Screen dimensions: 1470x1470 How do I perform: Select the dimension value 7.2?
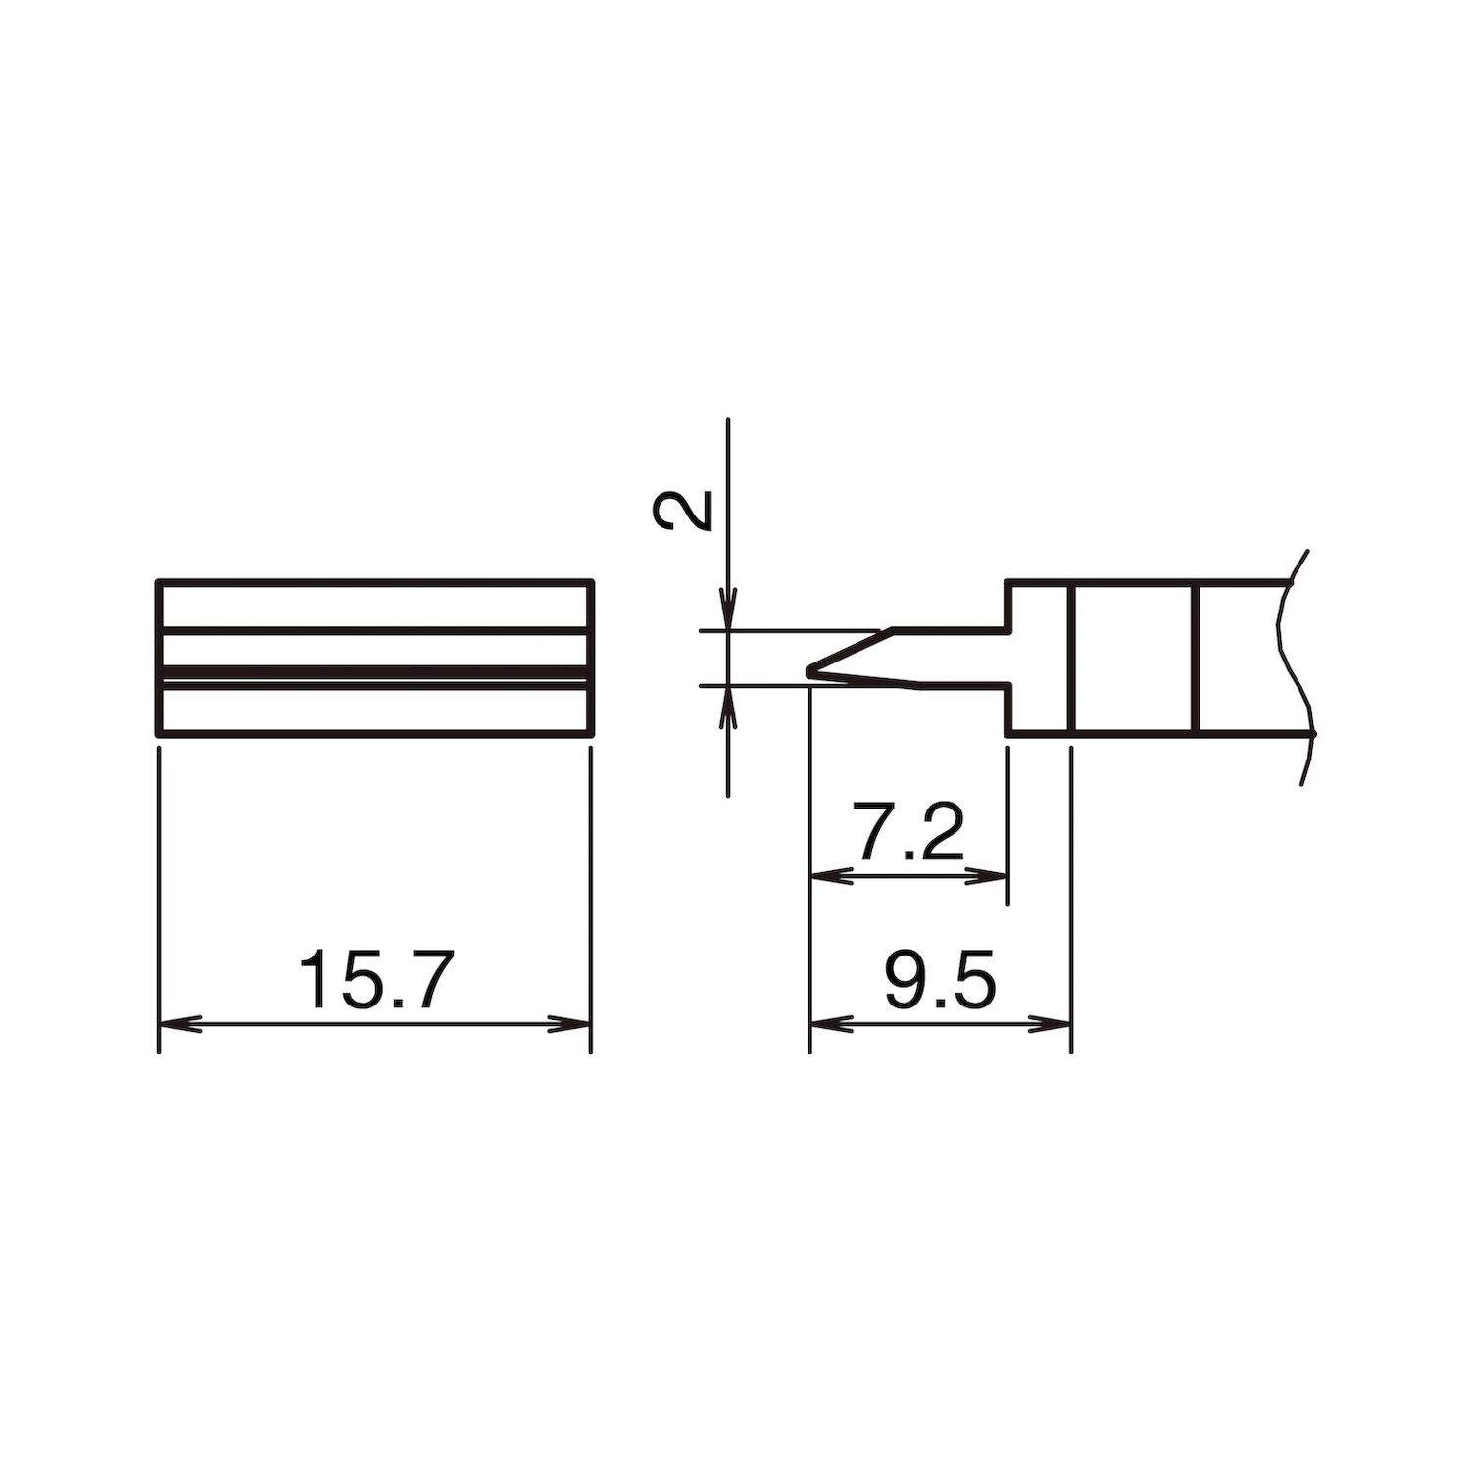908,832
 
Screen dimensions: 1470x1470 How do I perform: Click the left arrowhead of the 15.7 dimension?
176,1024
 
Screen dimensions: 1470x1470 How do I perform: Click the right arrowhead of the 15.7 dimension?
573,1024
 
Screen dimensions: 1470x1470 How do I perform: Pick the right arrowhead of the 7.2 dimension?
990,876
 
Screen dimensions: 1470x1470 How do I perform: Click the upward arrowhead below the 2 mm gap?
727,704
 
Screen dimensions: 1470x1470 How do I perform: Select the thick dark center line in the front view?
375,674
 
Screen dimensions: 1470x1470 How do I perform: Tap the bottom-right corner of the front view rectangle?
592,732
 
